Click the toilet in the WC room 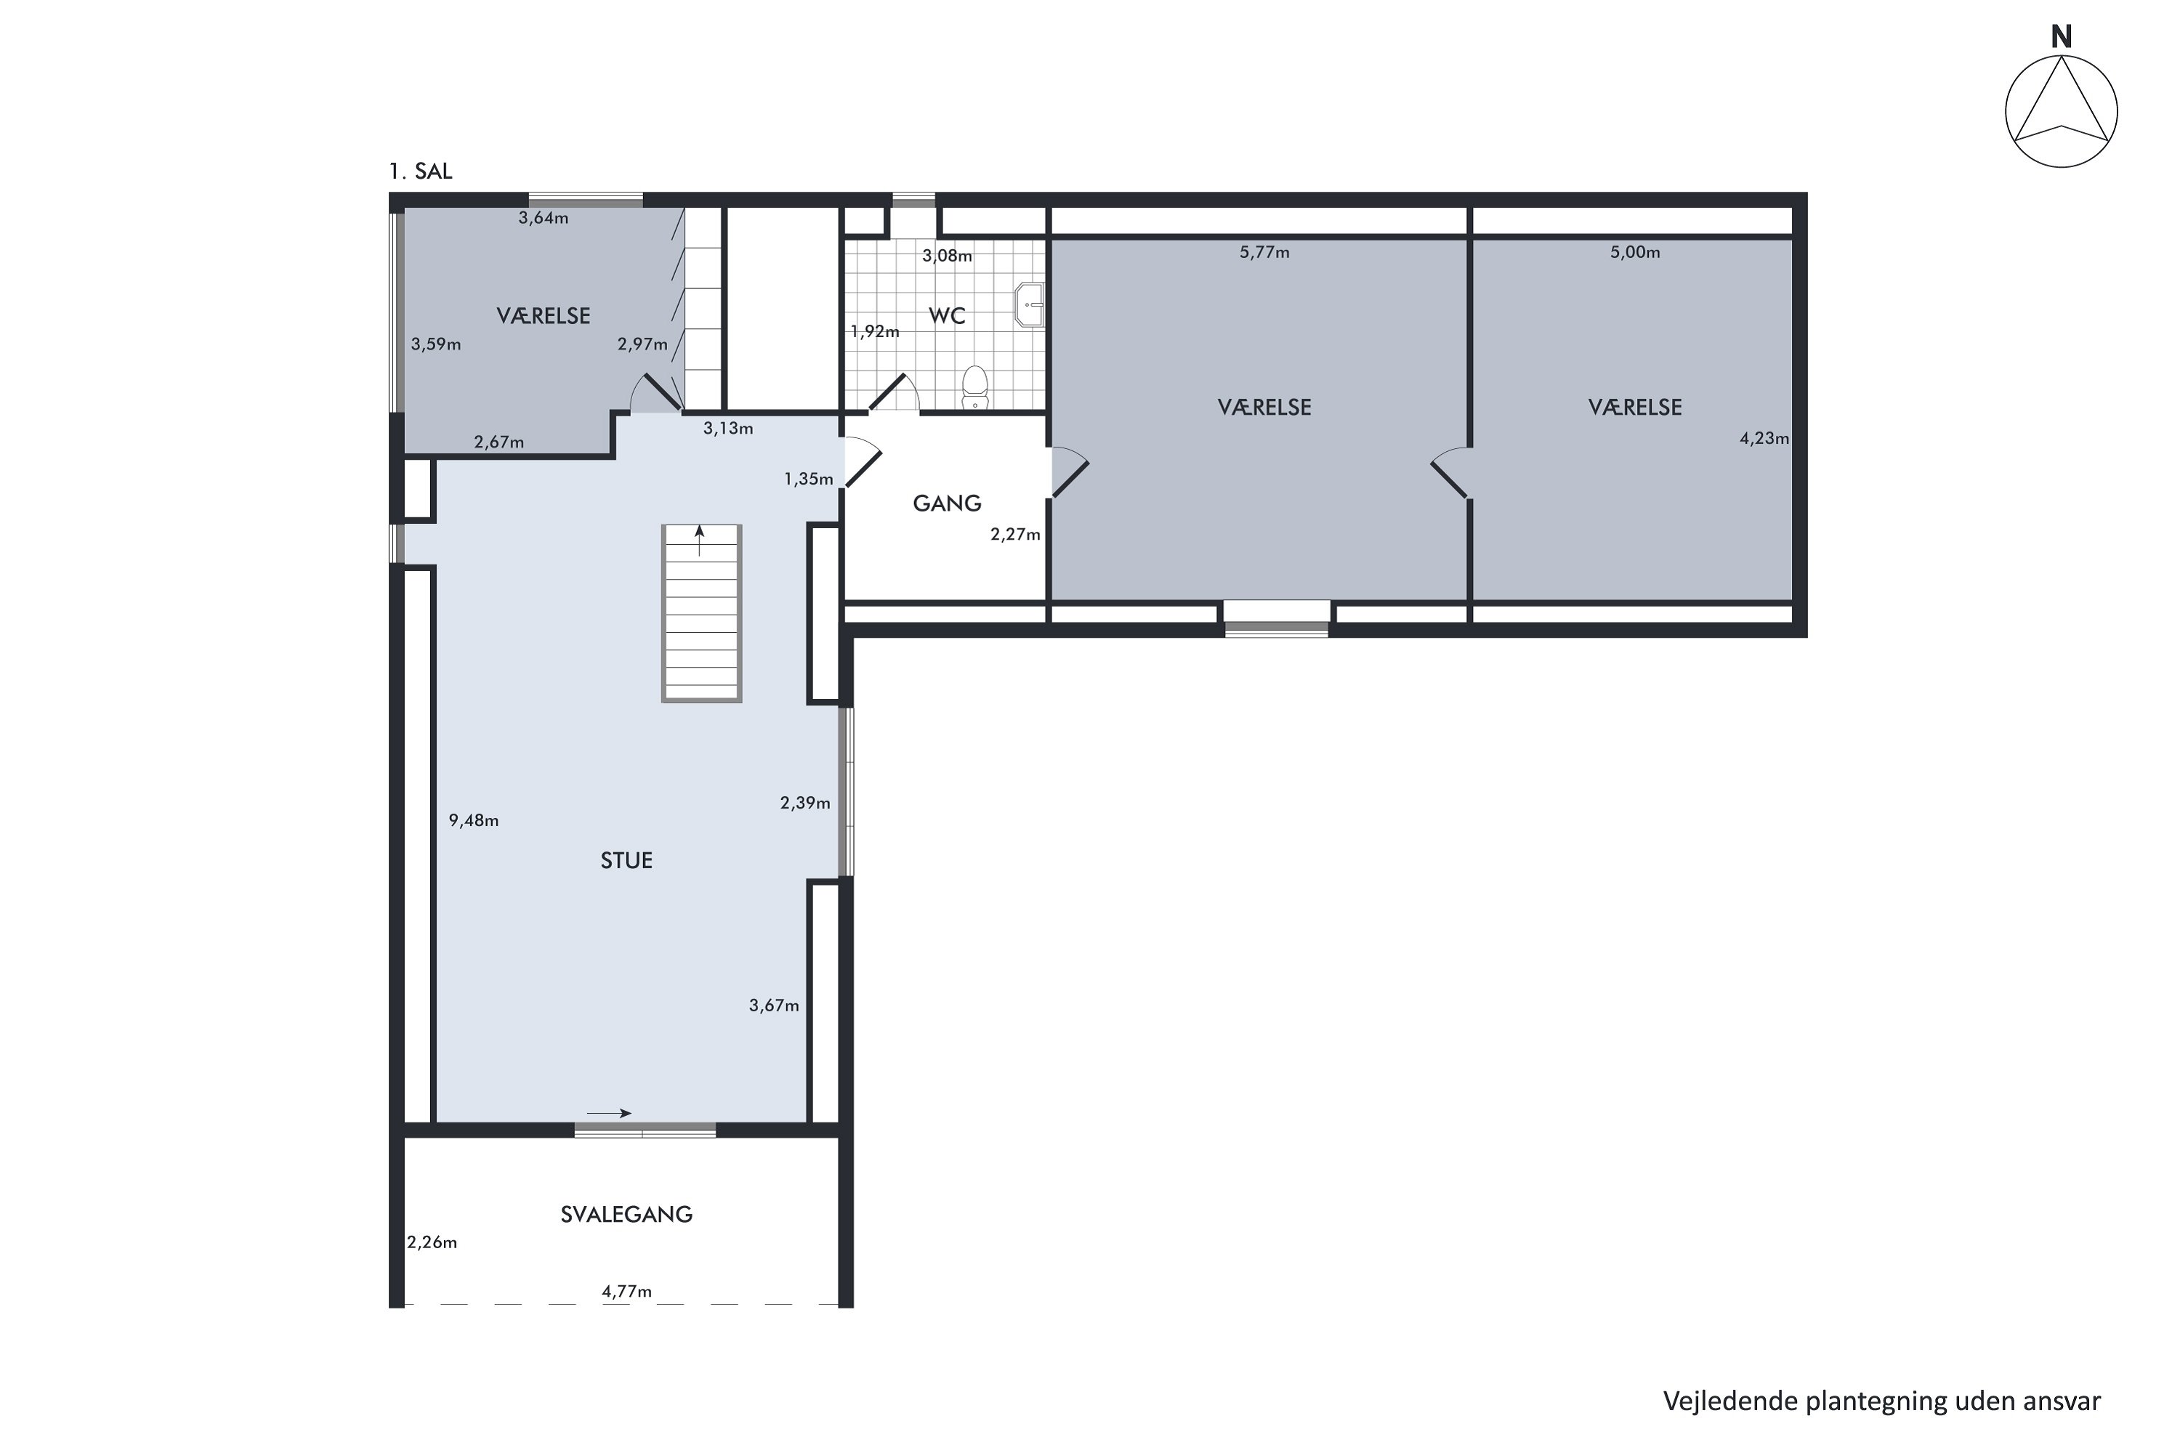975,387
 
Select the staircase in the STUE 702,612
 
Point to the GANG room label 946,503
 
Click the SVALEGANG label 626,1214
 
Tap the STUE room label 626,861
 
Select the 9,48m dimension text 474,820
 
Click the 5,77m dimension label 1264,252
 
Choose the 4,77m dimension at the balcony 626,1291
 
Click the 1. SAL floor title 421,171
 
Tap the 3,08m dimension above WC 948,256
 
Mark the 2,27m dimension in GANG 1015,535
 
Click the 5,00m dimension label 1635,252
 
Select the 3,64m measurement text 543,219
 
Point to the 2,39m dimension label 804,804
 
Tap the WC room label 948,316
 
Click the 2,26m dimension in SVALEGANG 432,1242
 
